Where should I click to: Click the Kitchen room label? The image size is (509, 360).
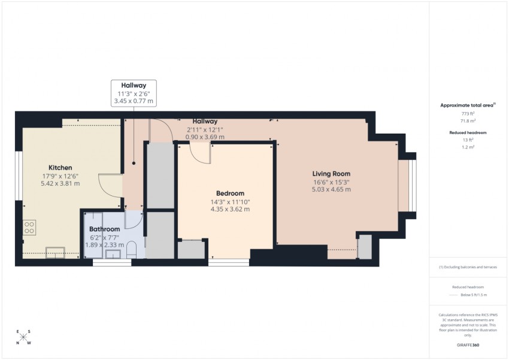tap(60, 168)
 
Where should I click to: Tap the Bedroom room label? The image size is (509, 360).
tap(230, 193)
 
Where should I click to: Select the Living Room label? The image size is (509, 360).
tap(331, 174)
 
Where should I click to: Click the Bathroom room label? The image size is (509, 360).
tap(105, 229)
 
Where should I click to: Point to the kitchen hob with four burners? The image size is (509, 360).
tap(29, 227)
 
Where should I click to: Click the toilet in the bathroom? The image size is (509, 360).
tap(132, 249)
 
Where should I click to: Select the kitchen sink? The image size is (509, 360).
tap(55, 253)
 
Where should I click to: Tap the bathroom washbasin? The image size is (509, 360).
tap(113, 254)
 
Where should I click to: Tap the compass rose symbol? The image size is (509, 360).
tap(23, 337)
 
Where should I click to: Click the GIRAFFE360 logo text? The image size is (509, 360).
tap(468, 345)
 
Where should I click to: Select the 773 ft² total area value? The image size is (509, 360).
tap(468, 114)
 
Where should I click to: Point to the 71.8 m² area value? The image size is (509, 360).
tap(468, 121)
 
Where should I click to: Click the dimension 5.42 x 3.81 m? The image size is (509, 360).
tap(60, 183)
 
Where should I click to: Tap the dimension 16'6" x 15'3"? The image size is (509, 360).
tap(331, 183)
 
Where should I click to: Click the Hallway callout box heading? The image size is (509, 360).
tap(134, 86)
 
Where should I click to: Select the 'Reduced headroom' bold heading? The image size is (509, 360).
tap(468, 132)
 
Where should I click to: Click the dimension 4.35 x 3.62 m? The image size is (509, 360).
tap(230, 209)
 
